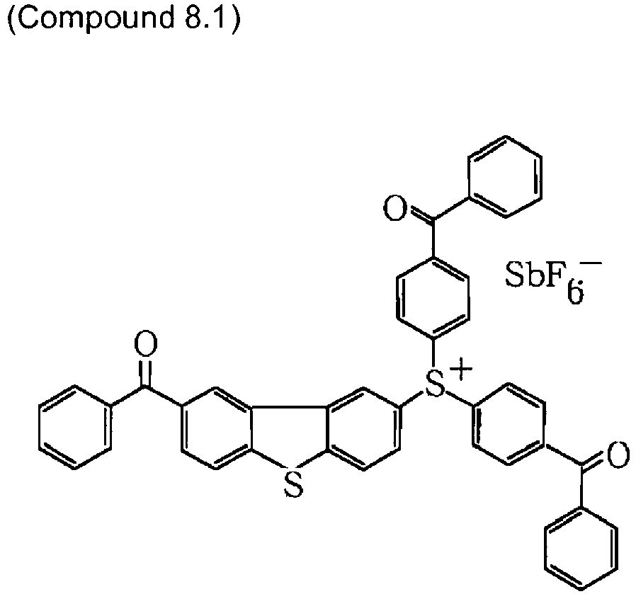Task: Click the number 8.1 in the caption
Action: coord(205,19)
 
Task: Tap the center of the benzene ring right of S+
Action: coord(508,425)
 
